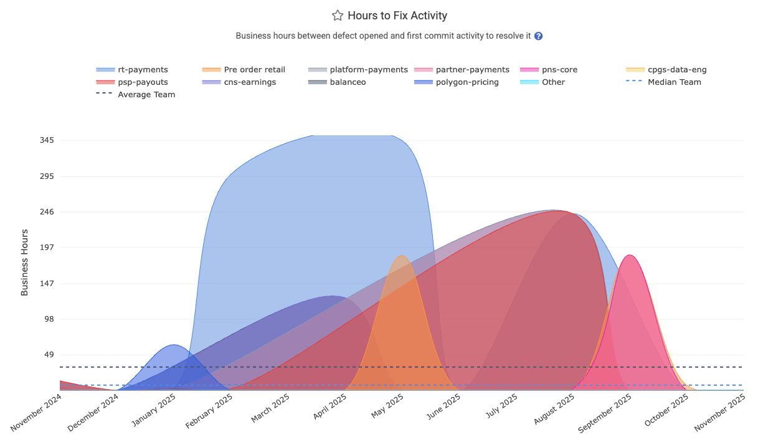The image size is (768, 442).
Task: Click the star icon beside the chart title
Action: pos(338,16)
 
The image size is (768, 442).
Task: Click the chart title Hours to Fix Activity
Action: pos(397,16)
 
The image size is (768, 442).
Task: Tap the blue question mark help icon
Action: pos(539,36)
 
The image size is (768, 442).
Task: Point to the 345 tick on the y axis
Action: pos(47,140)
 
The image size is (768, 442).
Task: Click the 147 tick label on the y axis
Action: pos(47,284)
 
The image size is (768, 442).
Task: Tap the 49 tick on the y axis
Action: pos(49,355)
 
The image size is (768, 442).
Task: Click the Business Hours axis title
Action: pos(25,262)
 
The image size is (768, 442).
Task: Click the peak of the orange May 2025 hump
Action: pos(402,256)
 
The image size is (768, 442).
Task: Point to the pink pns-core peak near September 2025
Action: pos(630,255)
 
